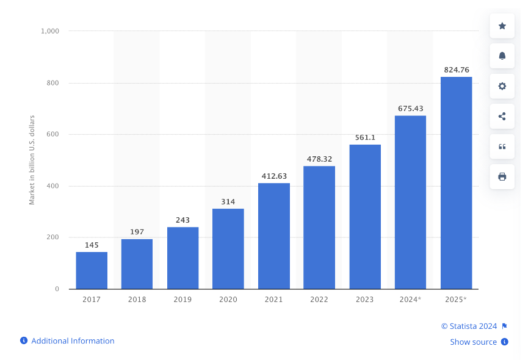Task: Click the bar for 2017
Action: point(92,270)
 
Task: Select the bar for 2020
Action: point(228,248)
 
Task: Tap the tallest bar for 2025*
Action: point(456,183)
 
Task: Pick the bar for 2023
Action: point(365,217)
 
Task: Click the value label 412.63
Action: point(273,176)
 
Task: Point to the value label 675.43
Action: point(410,109)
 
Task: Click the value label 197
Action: point(137,232)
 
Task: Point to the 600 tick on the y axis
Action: point(54,134)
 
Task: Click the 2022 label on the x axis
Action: point(319,300)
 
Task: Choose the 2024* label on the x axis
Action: point(410,300)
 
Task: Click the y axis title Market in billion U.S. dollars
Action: point(32,159)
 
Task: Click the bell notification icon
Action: point(502,56)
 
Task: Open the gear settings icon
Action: point(502,86)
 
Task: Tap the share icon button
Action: point(502,116)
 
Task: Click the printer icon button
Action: point(502,176)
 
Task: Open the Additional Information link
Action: point(73,341)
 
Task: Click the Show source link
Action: point(473,342)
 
